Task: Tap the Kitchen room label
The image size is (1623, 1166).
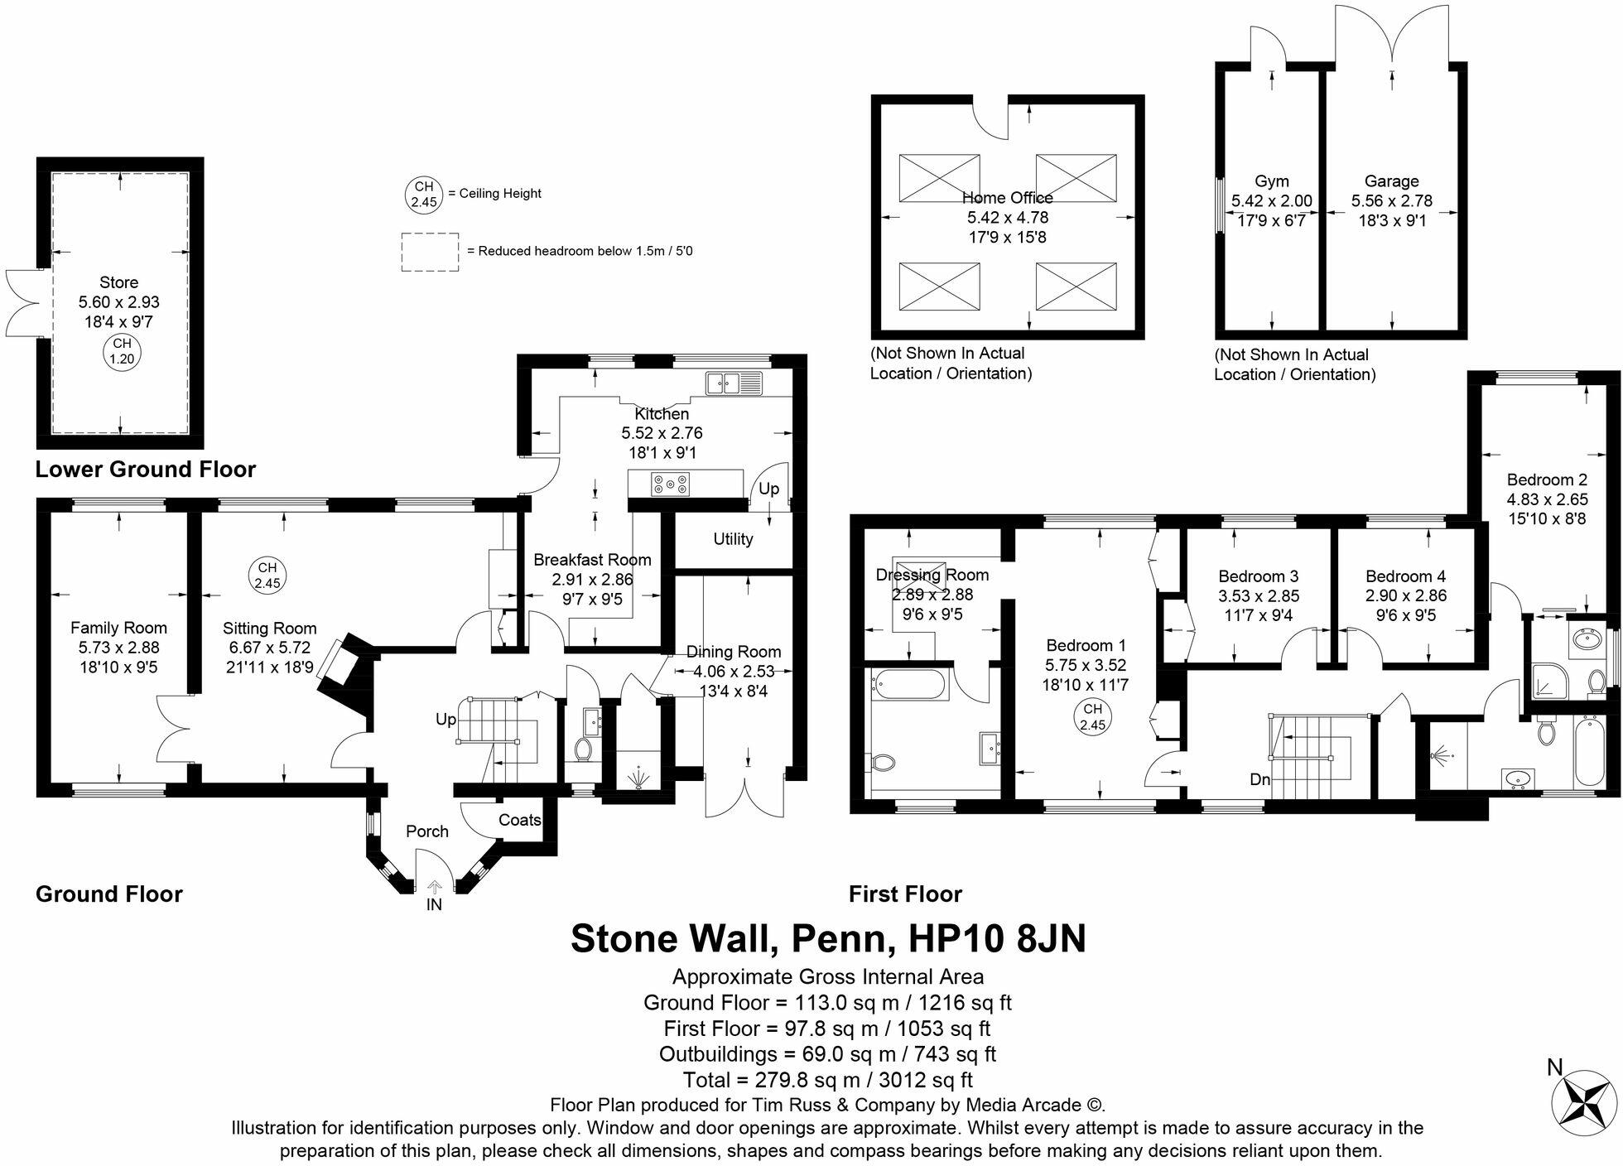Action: (661, 414)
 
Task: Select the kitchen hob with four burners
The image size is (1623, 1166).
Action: (670, 484)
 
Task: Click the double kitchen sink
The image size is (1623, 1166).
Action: (733, 383)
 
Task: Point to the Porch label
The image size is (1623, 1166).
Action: (426, 831)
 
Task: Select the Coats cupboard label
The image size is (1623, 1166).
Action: (519, 820)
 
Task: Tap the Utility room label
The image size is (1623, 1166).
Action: (733, 539)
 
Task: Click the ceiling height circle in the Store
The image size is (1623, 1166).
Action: (122, 351)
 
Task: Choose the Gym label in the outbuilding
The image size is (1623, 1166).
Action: (1271, 181)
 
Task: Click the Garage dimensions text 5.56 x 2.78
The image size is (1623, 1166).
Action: (1391, 201)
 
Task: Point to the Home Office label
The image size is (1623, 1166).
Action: (1007, 198)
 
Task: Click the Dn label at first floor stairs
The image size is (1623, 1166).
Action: (1259, 780)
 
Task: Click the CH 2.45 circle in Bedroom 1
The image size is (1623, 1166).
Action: (1092, 716)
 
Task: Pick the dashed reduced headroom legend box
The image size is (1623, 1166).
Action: (430, 252)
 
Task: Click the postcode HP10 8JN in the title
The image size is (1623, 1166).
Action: (997, 939)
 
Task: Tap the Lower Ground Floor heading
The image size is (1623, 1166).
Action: (146, 470)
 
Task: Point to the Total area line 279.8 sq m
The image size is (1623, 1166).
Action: (827, 1080)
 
